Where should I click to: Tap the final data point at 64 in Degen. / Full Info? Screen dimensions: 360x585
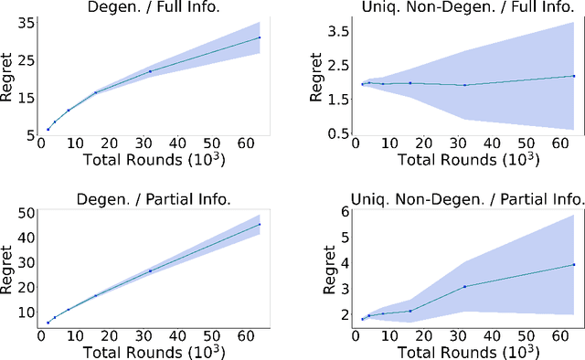point(260,37)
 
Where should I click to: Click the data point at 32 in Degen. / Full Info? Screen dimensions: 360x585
point(151,71)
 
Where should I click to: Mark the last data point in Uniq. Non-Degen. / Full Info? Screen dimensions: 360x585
point(573,76)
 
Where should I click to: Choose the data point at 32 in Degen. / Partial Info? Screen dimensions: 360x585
point(151,270)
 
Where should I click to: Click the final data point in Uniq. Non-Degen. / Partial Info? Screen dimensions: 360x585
point(573,265)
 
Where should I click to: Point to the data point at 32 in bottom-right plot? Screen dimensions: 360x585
point(464,287)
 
